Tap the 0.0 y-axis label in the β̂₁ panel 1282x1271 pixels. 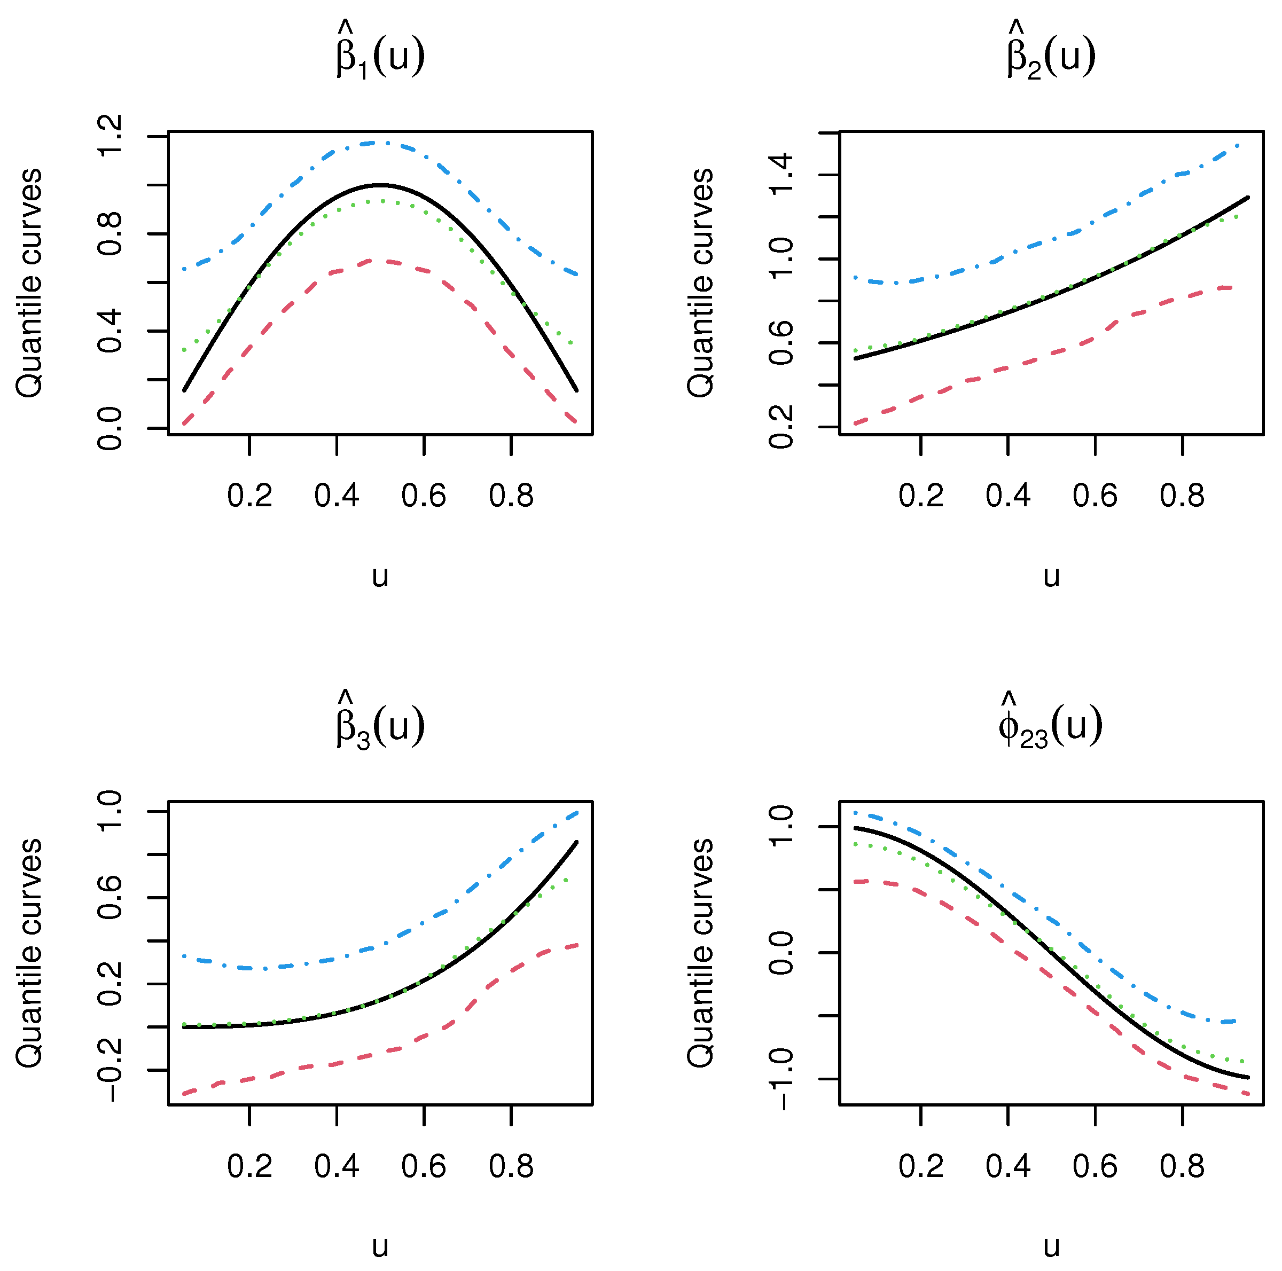pos(110,428)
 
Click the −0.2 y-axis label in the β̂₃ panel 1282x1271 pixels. pos(110,1069)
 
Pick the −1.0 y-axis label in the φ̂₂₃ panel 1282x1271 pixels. pos(781,1079)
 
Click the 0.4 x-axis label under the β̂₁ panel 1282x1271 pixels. pos(337,496)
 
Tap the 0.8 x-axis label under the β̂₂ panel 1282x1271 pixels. pos(1182,496)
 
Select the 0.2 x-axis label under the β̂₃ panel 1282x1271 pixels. pos(249,1166)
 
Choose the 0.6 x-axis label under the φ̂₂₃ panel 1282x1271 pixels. pos(1095,1166)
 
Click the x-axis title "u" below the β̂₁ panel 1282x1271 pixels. pos(380,576)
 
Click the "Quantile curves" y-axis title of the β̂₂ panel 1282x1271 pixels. pos(701,283)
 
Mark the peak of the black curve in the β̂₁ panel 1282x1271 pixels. pos(380,184)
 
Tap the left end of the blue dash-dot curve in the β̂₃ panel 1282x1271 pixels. pos(184,956)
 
